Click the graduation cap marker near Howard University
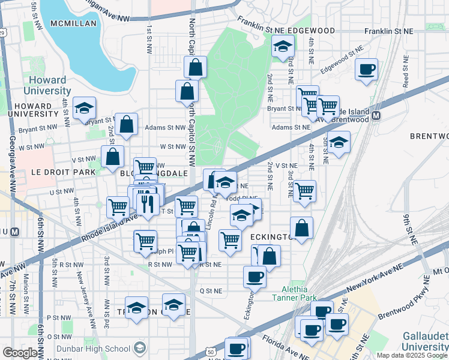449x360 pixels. coord(85,109)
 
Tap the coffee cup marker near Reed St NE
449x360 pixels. coord(366,69)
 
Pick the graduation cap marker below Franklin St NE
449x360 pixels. coord(282,46)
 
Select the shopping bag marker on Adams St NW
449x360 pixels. coord(126,125)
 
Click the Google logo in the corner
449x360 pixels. coord(20,353)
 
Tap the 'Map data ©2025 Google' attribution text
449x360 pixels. coord(412,355)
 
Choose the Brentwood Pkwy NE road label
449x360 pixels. coord(406,306)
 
